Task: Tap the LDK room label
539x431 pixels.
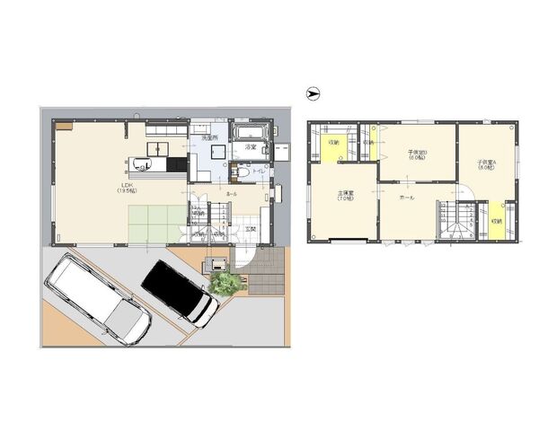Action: tap(128, 188)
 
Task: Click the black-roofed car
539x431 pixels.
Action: tap(180, 292)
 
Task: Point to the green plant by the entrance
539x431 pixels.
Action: tap(225, 284)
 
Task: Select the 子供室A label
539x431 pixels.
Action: tap(486, 165)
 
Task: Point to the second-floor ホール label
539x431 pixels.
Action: tap(406, 196)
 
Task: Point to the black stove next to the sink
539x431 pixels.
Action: tap(180, 164)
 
